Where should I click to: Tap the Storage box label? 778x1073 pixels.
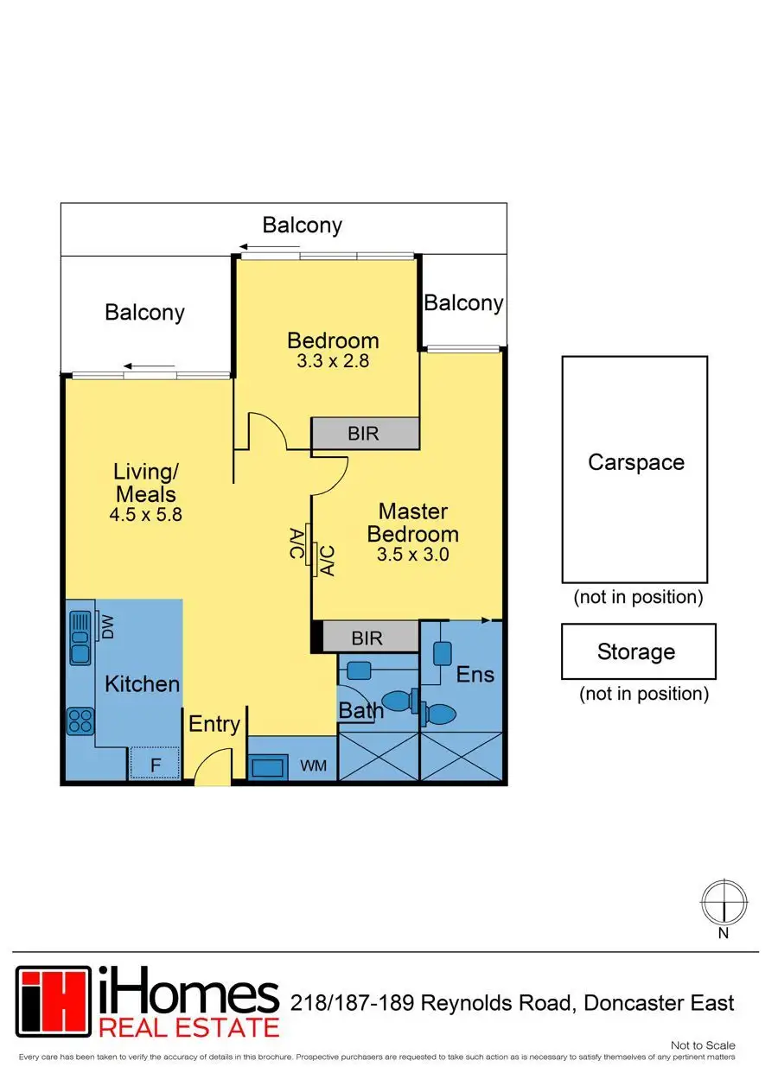636,651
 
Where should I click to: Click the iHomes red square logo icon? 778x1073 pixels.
53,1001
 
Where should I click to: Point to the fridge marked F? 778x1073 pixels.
156,764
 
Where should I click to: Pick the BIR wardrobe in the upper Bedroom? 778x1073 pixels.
365,433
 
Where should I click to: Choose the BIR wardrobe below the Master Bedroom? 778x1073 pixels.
367,638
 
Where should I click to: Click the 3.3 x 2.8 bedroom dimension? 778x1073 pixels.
333,361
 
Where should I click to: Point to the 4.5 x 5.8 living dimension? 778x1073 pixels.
147,514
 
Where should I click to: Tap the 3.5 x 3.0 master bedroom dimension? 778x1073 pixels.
412,555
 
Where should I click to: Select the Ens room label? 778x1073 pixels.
475,674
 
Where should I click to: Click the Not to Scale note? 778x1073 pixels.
708,1045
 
